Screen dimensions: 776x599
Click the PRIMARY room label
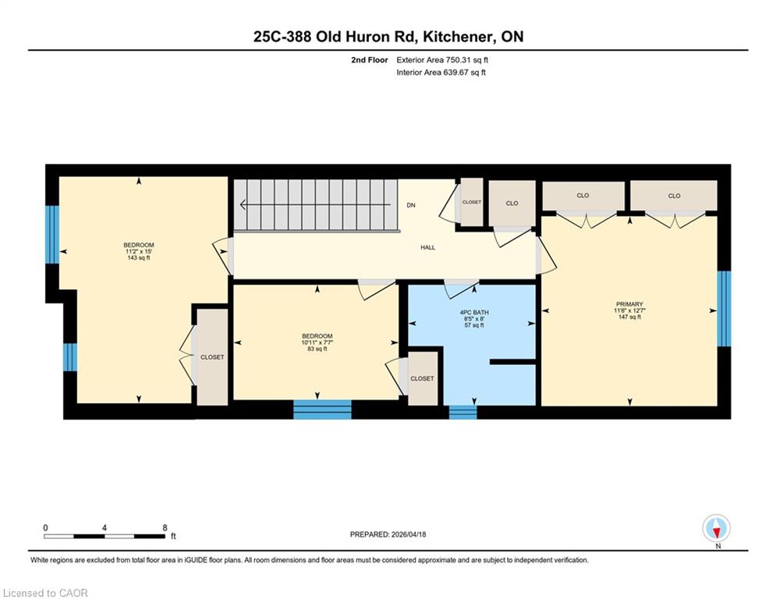(x=629, y=304)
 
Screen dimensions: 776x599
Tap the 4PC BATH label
(x=474, y=313)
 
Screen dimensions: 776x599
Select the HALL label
(x=427, y=247)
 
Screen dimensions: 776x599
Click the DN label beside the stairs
(x=411, y=205)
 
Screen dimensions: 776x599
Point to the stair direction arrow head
(x=243, y=204)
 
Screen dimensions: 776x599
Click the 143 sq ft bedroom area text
(x=139, y=257)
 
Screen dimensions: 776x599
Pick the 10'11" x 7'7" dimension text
(x=317, y=342)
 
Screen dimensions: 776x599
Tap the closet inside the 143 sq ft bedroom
(x=212, y=357)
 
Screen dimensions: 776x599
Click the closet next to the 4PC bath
(x=422, y=378)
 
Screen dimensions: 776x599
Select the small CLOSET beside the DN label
(x=472, y=202)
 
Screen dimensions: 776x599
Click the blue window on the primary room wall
(x=724, y=308)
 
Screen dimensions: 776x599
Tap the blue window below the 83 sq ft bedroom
(x=322, y=409)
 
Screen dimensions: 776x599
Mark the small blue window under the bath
(x=462, y=412)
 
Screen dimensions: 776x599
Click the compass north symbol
(x=716, y=529)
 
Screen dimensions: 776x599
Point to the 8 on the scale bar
(x=165, y=528)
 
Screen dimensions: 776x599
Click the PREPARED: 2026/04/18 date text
(x=388, y=534)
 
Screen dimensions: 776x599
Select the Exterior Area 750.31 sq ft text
(x=442, y=60)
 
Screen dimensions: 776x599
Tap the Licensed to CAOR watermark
(x=45, y=593)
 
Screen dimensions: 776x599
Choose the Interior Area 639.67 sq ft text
(x=441, y=73)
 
